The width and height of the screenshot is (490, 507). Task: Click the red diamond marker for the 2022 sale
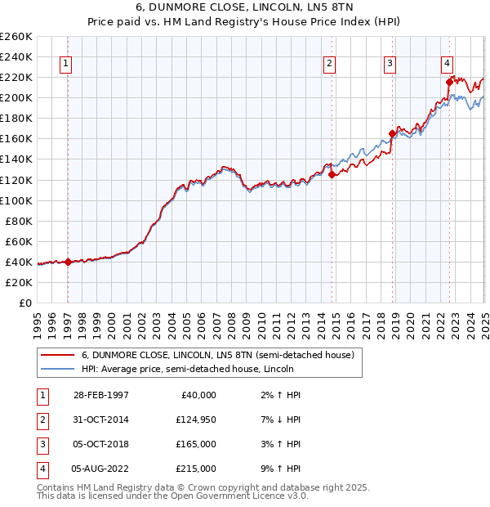(x=449, y=81)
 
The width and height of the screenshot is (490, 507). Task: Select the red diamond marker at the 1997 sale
(x=69, y=262)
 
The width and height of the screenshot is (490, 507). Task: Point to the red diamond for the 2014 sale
(x=332, y=174)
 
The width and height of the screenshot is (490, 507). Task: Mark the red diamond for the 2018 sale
(x=393, y=133)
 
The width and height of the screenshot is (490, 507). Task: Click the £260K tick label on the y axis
(x=16, y=37)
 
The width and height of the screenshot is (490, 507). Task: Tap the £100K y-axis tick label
(x=16, y=200)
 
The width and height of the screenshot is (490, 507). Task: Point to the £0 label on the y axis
(x=24, y=303)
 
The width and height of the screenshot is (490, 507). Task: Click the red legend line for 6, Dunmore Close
(x=58, y=356)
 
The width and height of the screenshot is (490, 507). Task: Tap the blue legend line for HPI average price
(x=58, y=370)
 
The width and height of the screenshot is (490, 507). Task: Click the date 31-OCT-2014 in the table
(x=100, y=420)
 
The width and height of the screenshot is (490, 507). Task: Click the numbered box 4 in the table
(x=40, y=469)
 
